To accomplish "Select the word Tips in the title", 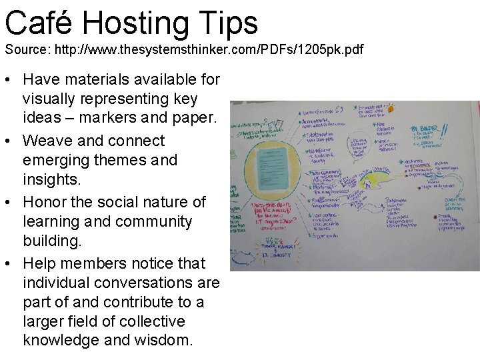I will (230, 23).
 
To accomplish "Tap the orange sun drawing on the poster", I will (391, 109).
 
